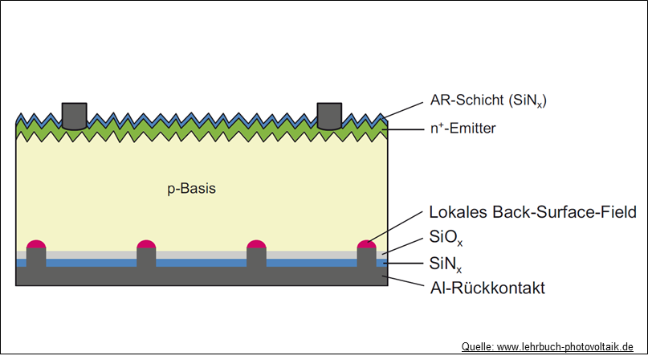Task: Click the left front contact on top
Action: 74,116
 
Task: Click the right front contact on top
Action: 330,116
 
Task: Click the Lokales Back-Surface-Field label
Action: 533,213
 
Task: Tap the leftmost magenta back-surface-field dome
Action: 36,244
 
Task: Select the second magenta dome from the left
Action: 146,244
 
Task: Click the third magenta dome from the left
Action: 256,244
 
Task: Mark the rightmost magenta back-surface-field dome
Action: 366,244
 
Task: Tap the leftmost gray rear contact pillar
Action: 36,259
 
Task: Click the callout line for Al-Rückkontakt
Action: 406,282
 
